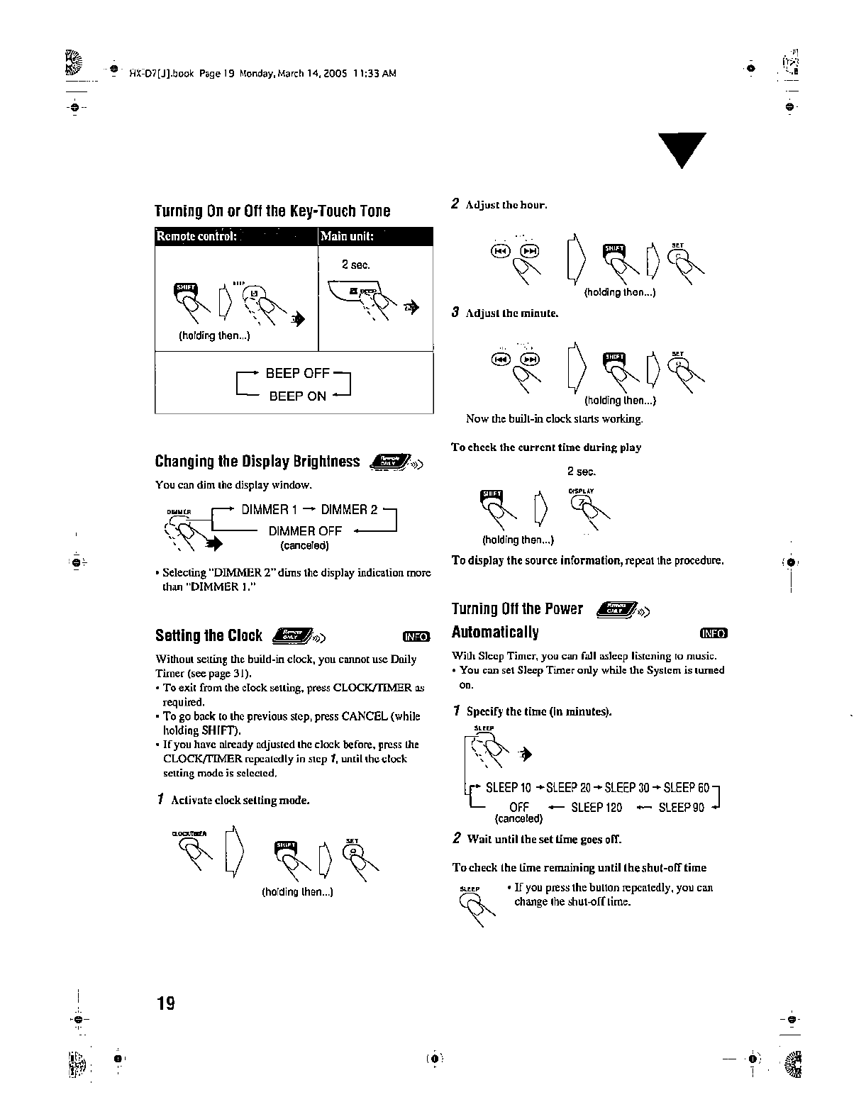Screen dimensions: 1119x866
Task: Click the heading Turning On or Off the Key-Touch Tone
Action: (x=272, y=211)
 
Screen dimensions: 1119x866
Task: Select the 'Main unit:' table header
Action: (x=347, y=236)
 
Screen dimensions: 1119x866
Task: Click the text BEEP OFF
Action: (x=297, y=374)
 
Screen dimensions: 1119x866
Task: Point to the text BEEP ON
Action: (x=297, y=396)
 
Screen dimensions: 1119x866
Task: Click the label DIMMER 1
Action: (x=270, y=510)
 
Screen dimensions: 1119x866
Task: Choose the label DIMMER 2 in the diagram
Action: (x=349, y=510)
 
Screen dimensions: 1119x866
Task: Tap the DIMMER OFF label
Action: (x=305, y=531)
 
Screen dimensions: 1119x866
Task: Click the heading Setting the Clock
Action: (x=209, y=635)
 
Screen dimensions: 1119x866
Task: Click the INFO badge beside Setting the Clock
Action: (x=416, y=637)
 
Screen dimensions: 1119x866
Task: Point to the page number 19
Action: (x=165, y=1003)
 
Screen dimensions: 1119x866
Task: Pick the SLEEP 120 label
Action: (x=596, y=808)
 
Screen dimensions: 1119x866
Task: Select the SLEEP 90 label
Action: (x=681, y=808)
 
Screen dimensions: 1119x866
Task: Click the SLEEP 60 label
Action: (x=686, y=788)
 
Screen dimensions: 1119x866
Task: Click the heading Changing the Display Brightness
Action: (x=257, y=462)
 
